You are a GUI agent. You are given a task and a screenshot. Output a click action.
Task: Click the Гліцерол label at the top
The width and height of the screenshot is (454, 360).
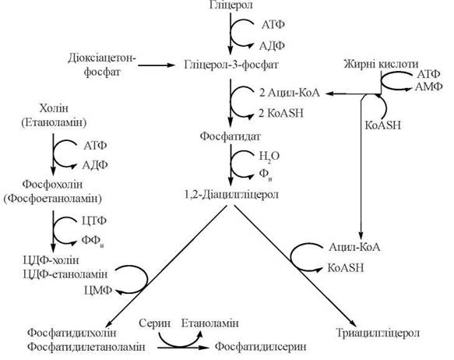click(231, 5)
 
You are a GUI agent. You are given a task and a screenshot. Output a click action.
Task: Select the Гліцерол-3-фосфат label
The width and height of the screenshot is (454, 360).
click(231, 65)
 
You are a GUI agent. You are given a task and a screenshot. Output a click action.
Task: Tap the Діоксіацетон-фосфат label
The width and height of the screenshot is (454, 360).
click(102, 65)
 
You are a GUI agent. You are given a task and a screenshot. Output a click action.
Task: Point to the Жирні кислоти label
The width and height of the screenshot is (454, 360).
click(381, 64)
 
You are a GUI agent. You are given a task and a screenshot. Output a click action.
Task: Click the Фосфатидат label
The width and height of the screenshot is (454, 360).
click(231, 136)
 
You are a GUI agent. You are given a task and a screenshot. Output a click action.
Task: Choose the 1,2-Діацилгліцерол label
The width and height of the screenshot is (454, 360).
click(231, 194)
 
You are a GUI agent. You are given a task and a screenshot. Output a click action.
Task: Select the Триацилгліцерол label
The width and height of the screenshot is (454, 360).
click(378, 333)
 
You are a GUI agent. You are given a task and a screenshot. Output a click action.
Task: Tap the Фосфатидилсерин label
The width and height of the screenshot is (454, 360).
click(261, 347)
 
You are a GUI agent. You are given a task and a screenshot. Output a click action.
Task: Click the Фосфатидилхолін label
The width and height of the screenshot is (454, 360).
click(72, 333)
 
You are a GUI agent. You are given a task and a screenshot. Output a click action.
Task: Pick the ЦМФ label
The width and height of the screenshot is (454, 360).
click(98, 290)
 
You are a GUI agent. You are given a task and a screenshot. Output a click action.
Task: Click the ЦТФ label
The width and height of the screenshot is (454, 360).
click(94, 221)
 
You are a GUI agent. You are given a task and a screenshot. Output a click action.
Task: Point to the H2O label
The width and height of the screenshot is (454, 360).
click(269, 157)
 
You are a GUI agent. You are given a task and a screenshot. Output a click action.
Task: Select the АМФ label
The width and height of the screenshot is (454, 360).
click(428, 86)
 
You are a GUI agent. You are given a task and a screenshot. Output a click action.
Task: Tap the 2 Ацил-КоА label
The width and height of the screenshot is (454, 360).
click(289, 93)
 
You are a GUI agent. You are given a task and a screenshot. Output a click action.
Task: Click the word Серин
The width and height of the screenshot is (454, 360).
click(154, 323)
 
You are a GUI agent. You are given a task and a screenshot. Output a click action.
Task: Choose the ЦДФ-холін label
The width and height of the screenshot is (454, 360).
click(51, 260)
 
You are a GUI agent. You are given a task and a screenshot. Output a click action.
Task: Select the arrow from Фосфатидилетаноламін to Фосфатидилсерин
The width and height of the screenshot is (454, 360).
click(183, 348)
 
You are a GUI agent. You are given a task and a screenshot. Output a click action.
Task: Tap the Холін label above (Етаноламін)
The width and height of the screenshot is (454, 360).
click(54, 108)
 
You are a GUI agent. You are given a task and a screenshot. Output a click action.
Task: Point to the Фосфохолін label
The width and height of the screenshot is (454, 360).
click(52, 184)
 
